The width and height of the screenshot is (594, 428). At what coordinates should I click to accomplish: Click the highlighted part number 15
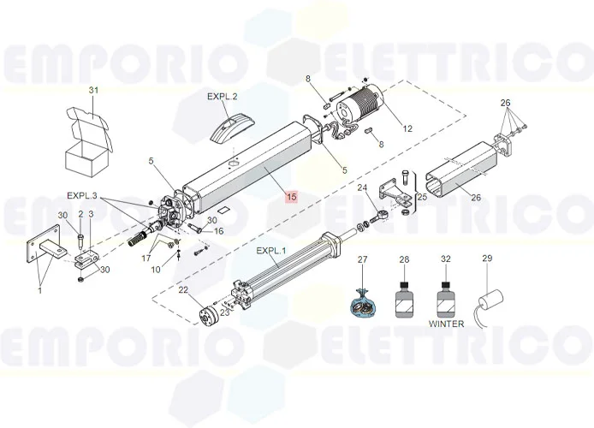click(292, 197)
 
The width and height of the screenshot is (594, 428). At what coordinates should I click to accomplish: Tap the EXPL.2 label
click(223, 97)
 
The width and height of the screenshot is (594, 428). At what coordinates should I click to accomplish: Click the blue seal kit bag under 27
click(363, 303)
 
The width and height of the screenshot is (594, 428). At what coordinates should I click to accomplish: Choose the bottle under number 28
click(405, 300)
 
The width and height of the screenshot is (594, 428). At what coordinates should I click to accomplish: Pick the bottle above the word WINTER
click(447, 300)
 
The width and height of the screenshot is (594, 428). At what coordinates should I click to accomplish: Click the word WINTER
click(446, 324)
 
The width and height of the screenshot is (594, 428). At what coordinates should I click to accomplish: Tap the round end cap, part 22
click(208, 316)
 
